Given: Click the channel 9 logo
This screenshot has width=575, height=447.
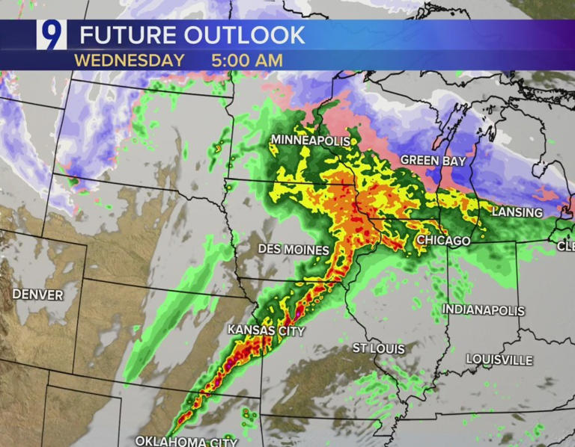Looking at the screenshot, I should (x=52, y=35).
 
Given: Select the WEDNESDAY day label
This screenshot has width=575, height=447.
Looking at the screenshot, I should (x=129, y=61).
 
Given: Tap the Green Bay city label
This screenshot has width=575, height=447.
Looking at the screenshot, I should (x=433, y=161).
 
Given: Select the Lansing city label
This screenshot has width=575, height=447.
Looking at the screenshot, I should (x=517, y=212).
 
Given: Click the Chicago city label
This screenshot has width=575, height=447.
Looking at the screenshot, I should (x=442, y=241).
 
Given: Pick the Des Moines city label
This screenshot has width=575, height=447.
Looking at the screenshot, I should (x=293, y=249).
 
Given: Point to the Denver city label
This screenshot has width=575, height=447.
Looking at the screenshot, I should (x=37, y=295).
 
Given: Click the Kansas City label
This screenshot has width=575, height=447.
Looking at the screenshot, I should (x=266, y=330).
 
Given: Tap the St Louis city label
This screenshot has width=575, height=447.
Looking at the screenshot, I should (x=378, y=349).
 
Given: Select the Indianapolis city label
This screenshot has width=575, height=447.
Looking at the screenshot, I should (x=483, y=309).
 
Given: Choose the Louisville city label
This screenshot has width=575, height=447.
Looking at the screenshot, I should (x=499, y=360).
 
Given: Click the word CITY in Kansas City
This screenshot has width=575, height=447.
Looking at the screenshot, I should (x=288, y=330).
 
